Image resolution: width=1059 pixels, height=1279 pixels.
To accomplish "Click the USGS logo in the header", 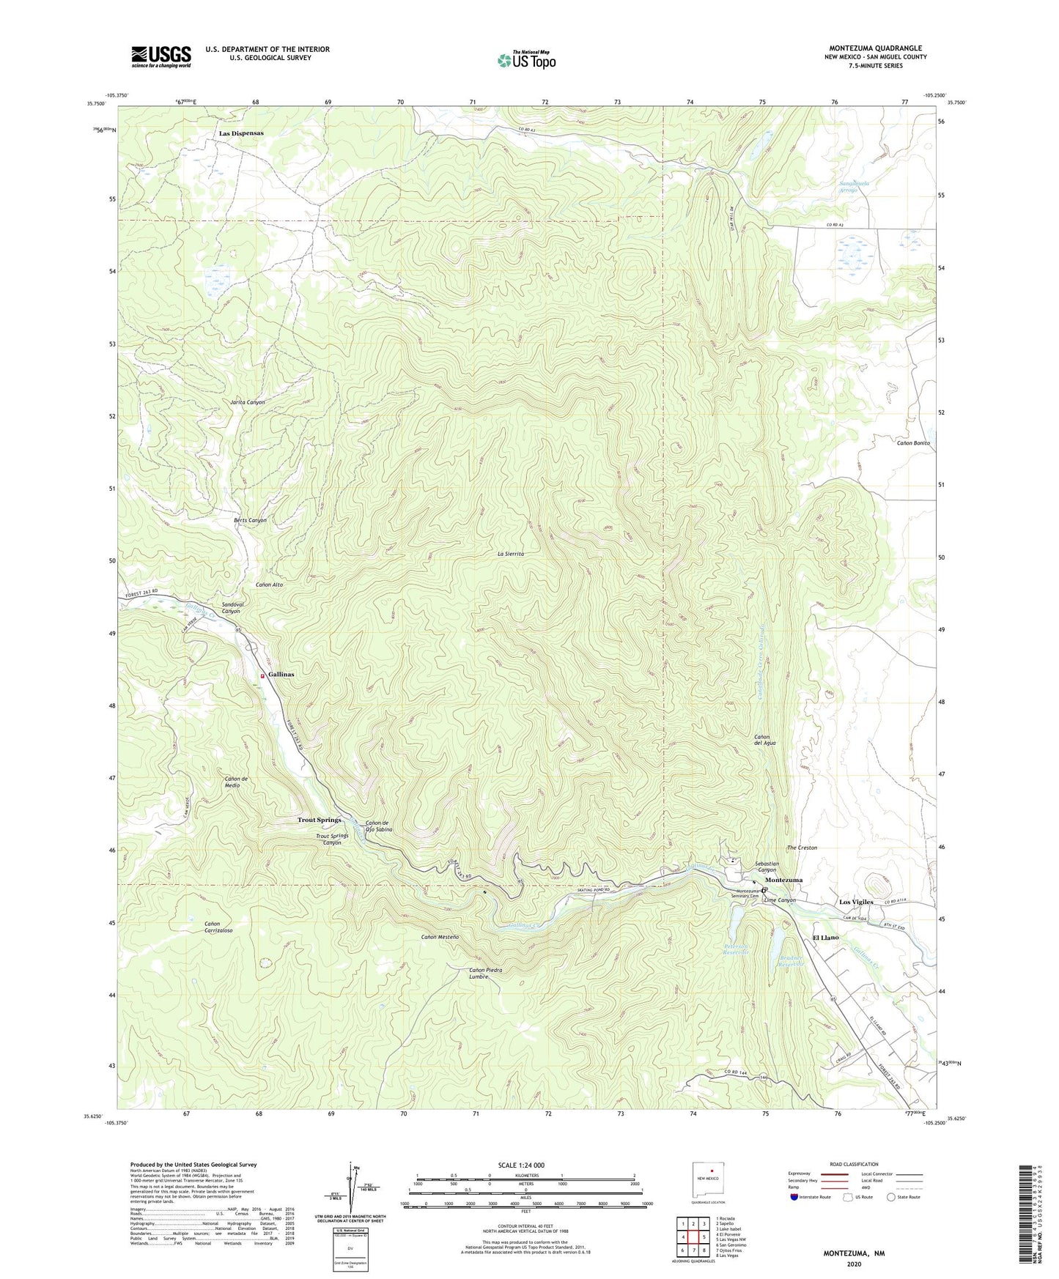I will [x=160, y=56].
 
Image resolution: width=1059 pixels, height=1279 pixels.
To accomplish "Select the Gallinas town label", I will [x=281, y=674].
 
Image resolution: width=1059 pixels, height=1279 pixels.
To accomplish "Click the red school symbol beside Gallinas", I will [x=263, y=676].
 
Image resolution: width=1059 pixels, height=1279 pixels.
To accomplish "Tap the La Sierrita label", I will [x=511, y=555].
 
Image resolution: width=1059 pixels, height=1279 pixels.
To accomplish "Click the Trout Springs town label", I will [x=320, y=820].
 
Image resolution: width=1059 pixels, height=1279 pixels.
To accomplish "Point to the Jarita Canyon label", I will [x=248, y=403].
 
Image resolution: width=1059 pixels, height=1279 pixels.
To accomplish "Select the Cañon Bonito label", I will [x=912, y=443].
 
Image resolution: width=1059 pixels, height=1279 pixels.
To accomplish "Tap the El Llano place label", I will [x=825, y=938].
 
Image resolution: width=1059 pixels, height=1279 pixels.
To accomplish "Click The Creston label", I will [x=802, y=848].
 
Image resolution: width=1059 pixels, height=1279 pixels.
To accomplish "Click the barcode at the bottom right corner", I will [x=1029, y=1216].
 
